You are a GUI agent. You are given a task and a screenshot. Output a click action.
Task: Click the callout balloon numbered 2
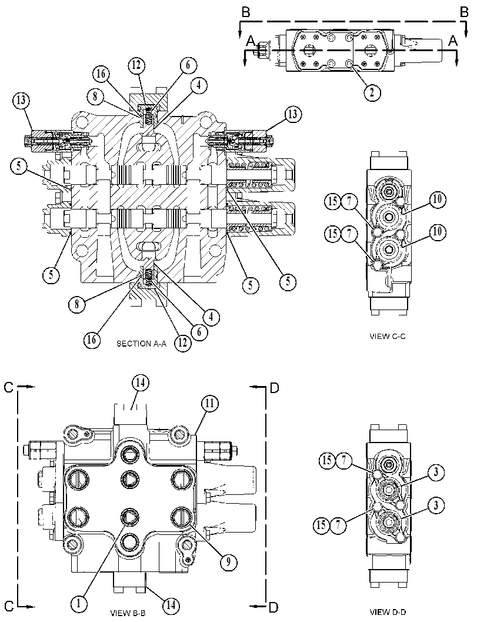(372, 92)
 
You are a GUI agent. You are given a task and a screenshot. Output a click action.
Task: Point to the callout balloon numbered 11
(210, 404)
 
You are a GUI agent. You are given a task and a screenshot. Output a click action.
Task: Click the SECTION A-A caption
(142, 344)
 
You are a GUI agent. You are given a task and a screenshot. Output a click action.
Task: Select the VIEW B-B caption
(128, 613)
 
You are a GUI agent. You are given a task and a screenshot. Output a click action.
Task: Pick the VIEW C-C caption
(388, 337)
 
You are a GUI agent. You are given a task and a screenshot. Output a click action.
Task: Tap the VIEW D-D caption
(388, 612)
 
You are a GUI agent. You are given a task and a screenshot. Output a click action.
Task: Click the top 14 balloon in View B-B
(141, 382)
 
